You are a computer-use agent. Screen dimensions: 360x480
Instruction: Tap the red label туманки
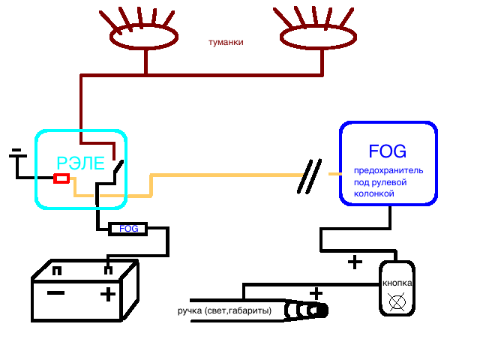tap(226, 43)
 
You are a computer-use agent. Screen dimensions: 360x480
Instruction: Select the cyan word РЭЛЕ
tap(81, 163)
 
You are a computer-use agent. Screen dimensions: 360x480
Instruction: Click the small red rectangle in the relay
tap(61, 178)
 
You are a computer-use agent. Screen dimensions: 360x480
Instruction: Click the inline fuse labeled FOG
tap(128, 229)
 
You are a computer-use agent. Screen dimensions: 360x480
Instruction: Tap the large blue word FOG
tap(388, 151)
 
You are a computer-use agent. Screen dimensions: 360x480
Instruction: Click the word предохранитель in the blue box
tap(388, 170)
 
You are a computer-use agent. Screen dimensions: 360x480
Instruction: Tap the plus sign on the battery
tap(109, 293)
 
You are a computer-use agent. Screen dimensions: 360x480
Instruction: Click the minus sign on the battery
tap(55, 292)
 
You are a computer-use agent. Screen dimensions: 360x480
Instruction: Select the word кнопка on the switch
tap(397, 283)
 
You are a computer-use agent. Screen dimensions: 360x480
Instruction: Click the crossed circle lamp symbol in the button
tap(395, 303)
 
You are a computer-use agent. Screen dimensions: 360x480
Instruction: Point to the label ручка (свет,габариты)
tap(224, 310)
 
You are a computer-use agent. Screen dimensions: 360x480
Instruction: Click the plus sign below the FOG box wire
tap(354, 262)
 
